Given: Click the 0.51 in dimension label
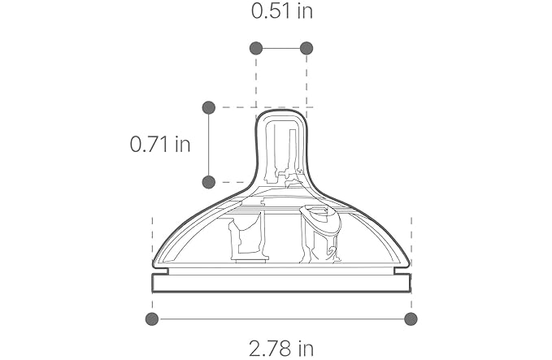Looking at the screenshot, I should (x=281, y=11).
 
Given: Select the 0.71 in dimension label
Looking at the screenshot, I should (x=160, y=145).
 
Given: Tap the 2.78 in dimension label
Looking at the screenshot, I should (x=281, y=349).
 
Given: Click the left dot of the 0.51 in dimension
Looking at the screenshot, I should (x=256, y=48).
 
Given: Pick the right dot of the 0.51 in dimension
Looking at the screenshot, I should (x=306, y=48).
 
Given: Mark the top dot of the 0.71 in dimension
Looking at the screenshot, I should (x=208, y=107).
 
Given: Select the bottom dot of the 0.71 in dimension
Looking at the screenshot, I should (x=208, y=182).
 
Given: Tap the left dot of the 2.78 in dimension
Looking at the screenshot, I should (x=152, y=319).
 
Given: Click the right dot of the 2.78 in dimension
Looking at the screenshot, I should (x=411, y=319).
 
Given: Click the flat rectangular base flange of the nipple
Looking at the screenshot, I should (x=281, y=283).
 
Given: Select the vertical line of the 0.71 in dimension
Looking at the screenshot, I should (x=208, y=145).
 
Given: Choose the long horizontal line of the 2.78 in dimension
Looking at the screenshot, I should (x=281, y=319).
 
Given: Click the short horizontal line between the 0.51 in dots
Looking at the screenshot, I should (x=281, y=48).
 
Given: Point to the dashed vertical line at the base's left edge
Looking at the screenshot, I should (x=152, y=236).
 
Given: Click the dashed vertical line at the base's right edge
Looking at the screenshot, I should (x=411, y=236).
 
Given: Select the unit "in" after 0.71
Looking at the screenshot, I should (x=182, y=145).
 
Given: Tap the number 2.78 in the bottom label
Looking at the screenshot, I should (x=271, y=349).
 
